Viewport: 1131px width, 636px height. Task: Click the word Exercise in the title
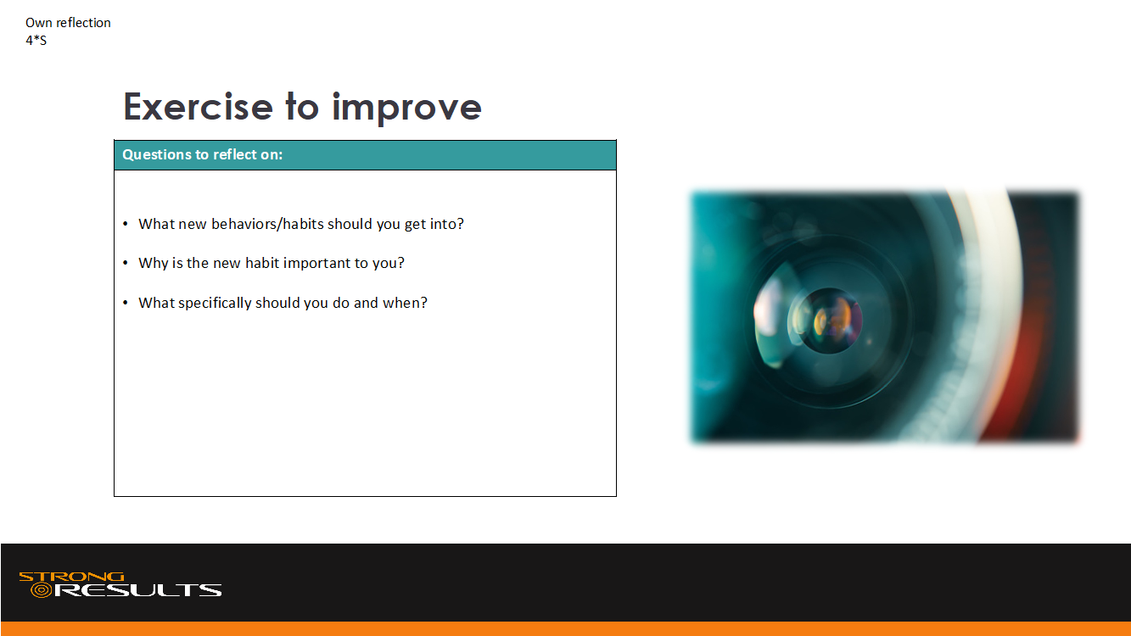199,107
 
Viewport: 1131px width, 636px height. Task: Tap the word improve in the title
406,108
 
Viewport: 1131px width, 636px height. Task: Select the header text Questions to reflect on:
203,154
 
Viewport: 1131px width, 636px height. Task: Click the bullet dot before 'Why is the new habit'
126,263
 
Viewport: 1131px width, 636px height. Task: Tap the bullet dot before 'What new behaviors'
126,224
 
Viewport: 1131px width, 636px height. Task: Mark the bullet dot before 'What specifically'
126,303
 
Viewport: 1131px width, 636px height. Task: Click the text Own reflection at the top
68,23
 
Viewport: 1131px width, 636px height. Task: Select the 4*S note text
36,40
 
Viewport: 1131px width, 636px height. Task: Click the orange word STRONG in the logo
71,577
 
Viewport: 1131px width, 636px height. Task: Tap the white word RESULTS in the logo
137,590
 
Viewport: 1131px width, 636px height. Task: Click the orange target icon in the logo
41,590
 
